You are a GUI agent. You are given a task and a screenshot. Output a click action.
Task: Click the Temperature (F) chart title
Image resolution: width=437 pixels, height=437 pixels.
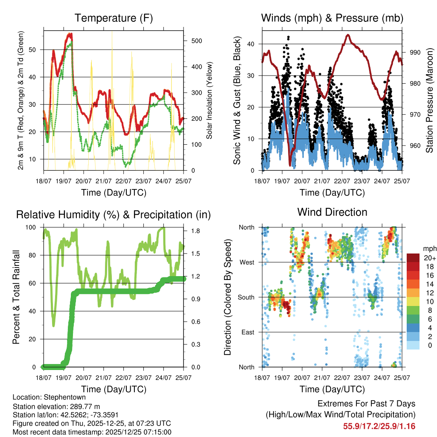pyautogui.click(x=114, y=18)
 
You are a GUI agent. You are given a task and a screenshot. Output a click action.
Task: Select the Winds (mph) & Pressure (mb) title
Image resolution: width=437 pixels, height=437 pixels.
pyautogui.click(x=332, y=18)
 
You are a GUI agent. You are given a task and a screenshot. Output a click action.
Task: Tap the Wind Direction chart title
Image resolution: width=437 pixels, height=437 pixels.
pyautogui.click(x=332, y=212)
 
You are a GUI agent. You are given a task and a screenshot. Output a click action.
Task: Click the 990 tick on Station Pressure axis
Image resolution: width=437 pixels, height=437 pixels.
pyautogui.click(x=415, y=52)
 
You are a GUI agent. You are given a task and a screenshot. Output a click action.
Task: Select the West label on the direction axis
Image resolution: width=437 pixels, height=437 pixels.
pyautogui.click(x=247, y=262)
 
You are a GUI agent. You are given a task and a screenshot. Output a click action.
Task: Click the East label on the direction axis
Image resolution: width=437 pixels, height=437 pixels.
pyautogui.click(x=247, y=332)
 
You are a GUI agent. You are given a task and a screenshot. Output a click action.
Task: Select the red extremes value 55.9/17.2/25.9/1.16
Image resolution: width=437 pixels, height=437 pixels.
pyautogui.click(x=379, y=426)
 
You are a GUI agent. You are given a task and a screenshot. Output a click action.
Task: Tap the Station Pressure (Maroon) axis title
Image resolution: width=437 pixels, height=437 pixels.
pyautogui.click(x=429, y=100)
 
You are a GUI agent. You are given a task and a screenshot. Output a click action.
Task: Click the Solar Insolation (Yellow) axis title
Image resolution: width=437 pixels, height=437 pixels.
pyautogui.click(x=210, y=100)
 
